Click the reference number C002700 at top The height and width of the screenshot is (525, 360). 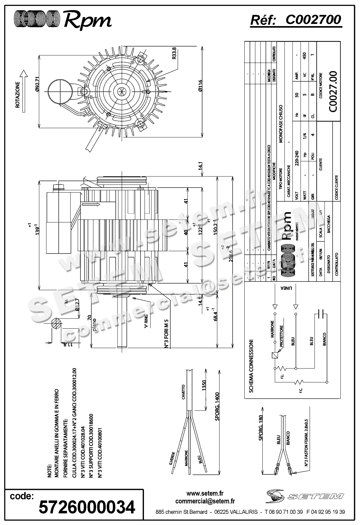(313, 20)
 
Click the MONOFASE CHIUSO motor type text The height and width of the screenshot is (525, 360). (281, 123)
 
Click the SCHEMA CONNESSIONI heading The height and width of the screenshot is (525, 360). (252, 366)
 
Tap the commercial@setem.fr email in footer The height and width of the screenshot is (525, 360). (205, 501)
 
